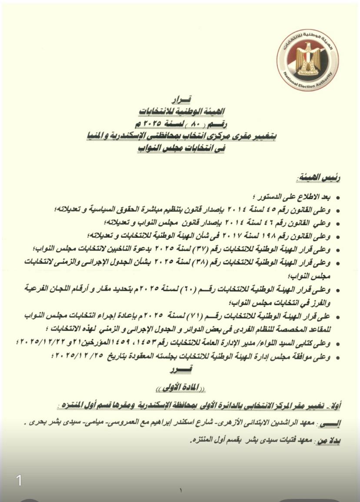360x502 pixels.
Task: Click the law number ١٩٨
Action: (271, 236)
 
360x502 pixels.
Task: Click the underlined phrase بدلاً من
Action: (333, 440)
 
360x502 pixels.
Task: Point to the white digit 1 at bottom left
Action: (19, 480)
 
